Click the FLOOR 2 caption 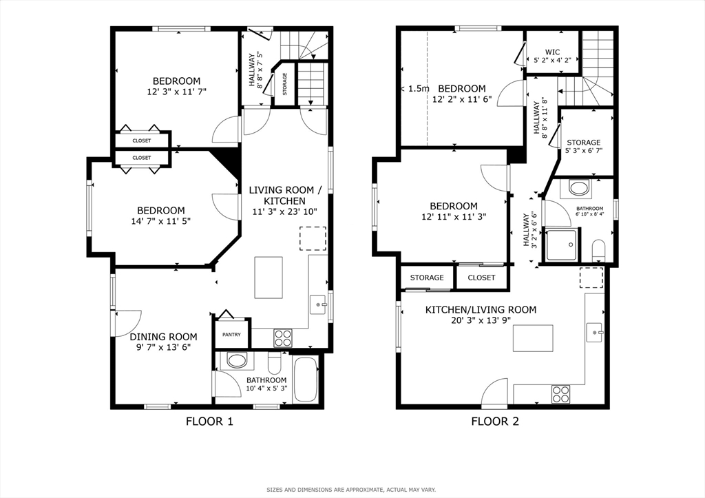tap(495, 422)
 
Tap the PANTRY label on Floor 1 tap(231, 335)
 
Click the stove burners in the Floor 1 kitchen tap(283, 338)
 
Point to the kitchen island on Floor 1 tap(269, 277)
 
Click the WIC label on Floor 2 tap(552, 52)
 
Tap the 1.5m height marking tap(418, 89)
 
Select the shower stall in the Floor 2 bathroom tap(561, 245)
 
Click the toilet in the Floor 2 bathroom tap(598, 250)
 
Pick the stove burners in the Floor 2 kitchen tap(560, 394)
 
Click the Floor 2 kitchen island tap(534, 338)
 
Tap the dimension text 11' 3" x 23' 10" tap(285, 211)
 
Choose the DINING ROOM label tap(163, 337)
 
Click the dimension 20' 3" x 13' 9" tap(481, 320)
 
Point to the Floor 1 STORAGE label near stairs tap(284, 85)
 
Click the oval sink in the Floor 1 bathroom tap(237, 360)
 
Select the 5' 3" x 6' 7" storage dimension tap(584, 151)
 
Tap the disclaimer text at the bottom tap(351, 490)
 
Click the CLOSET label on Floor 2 tap(481, 278)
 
